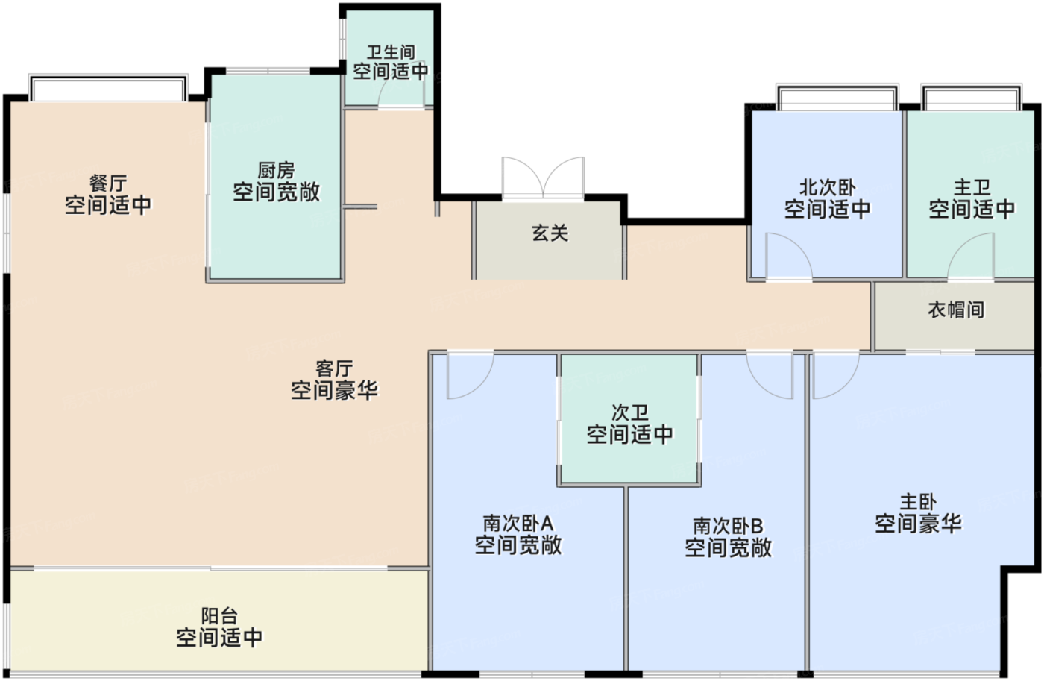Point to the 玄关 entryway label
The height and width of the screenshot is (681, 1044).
[550, 233]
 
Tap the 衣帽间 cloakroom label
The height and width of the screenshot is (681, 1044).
[955, 310]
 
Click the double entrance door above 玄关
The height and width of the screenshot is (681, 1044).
[543, 179]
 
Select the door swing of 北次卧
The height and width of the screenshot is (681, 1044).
[787, 256]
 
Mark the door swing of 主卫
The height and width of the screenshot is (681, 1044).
[972, 256]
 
